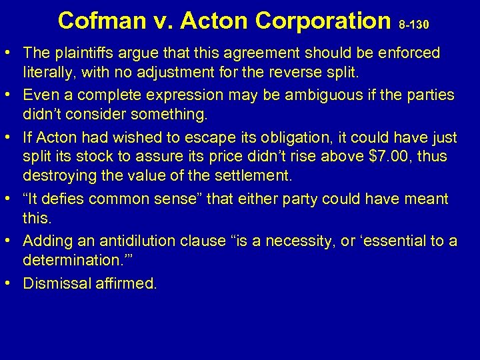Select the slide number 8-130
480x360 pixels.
414,25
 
